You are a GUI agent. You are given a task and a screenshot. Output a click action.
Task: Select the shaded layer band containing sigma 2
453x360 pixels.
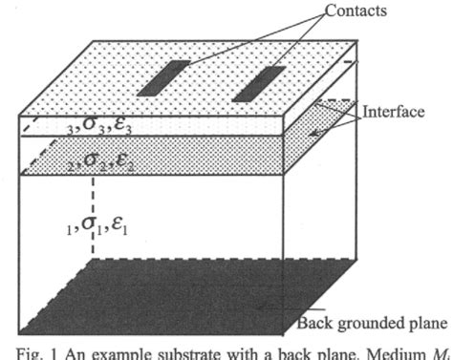tap(191, 158)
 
